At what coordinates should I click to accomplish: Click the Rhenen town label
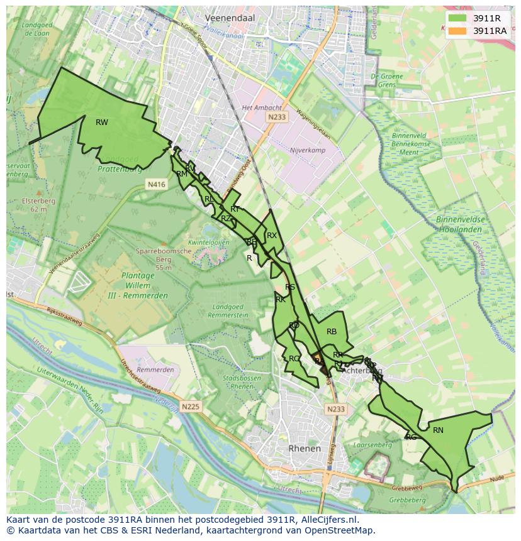(x=304, y=449)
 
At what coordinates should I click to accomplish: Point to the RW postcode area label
(x=102, y=123)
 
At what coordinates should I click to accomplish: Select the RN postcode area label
(x=438, y=430)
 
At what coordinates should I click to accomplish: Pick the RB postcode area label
(x=332, y=332)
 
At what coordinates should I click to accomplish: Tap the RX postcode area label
(x=272, y=236)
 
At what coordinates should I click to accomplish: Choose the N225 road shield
(x=191, y=407)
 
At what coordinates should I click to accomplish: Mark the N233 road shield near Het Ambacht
(x=276, y=117)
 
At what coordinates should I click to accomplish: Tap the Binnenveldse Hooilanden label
(x=459, y=225)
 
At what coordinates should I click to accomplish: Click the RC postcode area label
(x=294, y=359)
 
